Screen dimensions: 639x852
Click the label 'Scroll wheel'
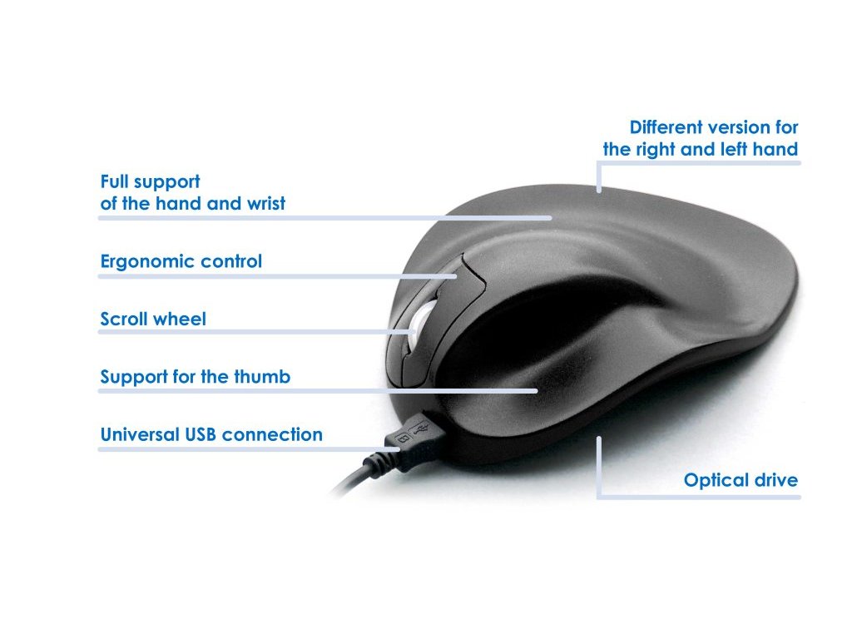pyautogui.click(x=153, y=319)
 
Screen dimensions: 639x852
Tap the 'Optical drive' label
pyautogui.click(x=741, y=480)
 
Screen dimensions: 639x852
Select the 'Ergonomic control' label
pyautogui.click(x=181, y=261)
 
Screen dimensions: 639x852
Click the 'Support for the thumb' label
pyautogui.click(x=195, y=377)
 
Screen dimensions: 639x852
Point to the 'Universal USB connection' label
pyautogui.click(x=211, y=434)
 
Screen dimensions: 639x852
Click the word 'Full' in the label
pyautogui.click(x=116, y=181)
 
